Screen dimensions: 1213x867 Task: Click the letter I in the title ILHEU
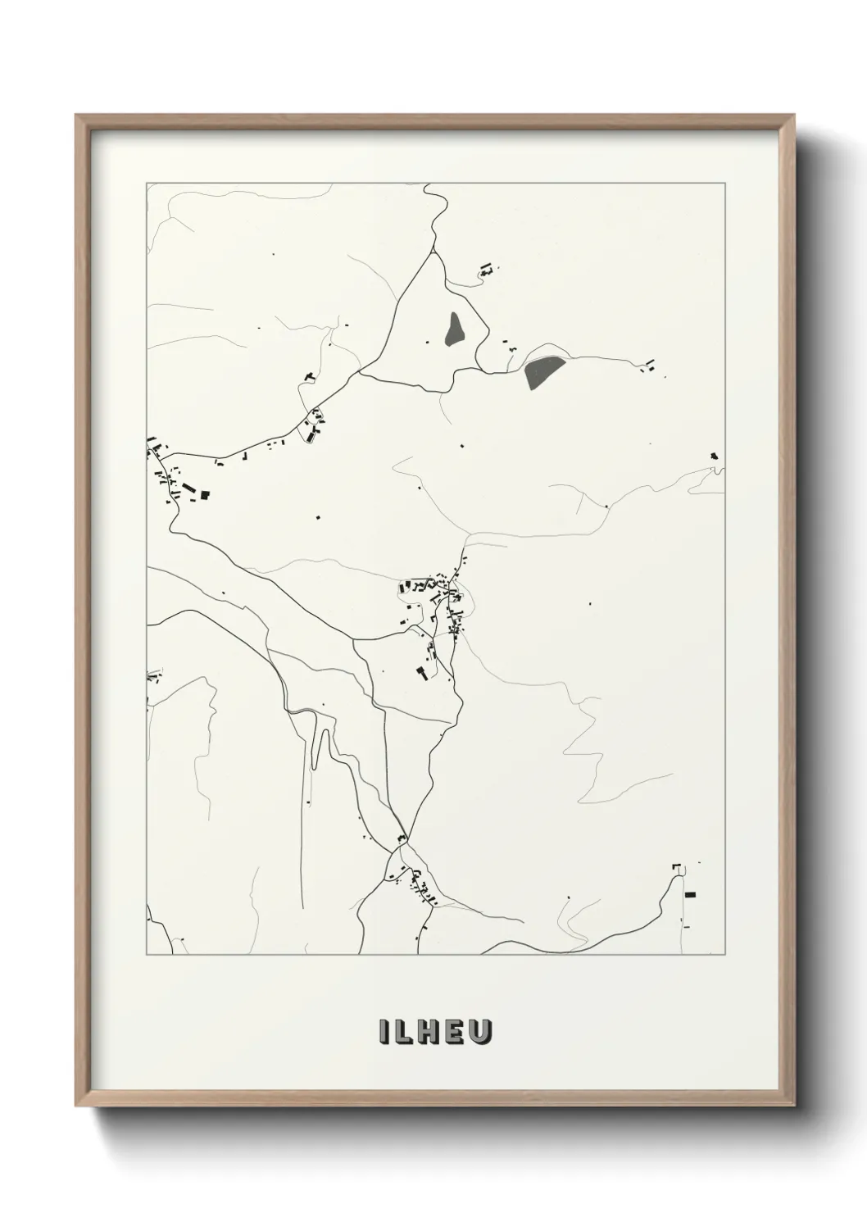[384, 1031]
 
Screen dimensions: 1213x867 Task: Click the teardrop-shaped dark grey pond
[453, 329]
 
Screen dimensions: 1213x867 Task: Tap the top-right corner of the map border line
[724, 184]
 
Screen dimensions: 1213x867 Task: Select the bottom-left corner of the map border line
[147, 955]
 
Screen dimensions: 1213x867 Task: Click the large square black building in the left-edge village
[205, 494]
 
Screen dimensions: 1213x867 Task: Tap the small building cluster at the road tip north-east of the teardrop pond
[487, 268]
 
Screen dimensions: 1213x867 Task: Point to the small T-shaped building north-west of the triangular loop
[309, 376]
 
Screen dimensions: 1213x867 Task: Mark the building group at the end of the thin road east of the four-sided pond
[650, 365]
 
